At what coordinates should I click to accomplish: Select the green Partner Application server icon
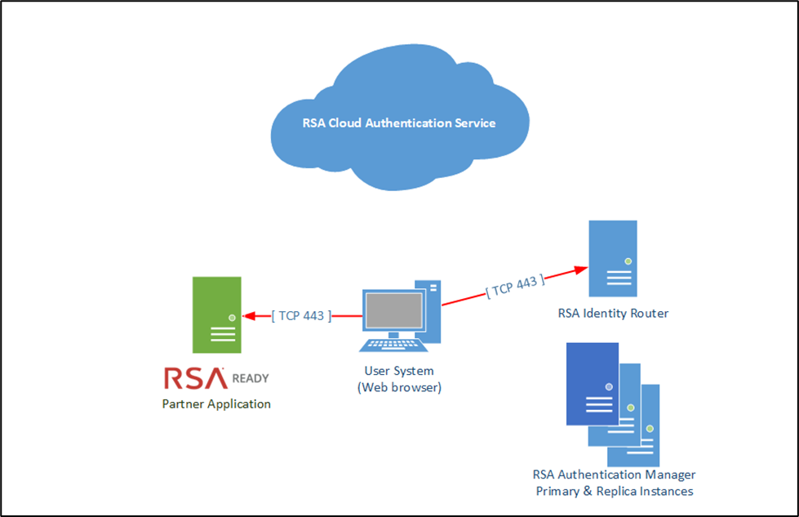click(216, 314)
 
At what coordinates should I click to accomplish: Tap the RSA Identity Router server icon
click(613, 259)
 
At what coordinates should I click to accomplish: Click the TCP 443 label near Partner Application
click(301, 316)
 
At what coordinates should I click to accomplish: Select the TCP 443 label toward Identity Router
click(515, 287)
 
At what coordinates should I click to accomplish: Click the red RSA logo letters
click(194, 378)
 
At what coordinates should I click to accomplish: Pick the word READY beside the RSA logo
click(251, 379)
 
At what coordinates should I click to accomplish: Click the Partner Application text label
click(216, 403)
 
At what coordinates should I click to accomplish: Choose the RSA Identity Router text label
click(613, 313)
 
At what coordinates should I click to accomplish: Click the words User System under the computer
click(399, 372)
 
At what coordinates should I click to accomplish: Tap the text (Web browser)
click(399, 388)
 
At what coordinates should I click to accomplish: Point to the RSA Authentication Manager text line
click(614, 475)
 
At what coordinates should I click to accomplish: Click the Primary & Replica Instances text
click(614, 491)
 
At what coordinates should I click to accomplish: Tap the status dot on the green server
click(232, 317)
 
